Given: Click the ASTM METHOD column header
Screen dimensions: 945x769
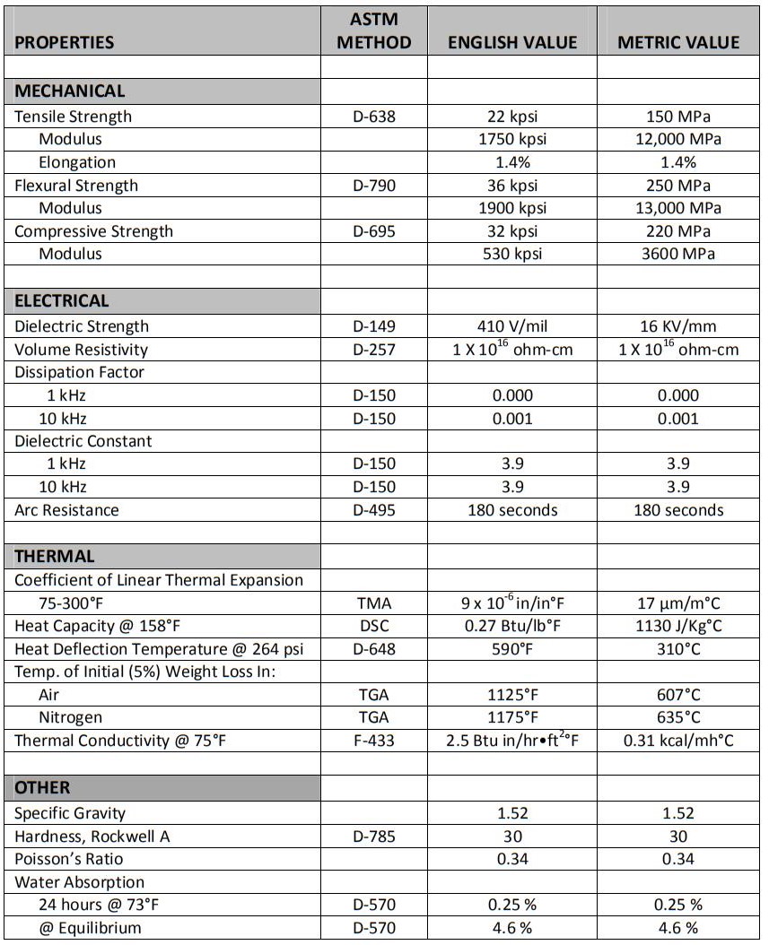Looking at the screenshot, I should click(x=374, y=31).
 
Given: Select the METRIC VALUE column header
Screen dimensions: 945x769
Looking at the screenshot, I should click(x=678, y=42).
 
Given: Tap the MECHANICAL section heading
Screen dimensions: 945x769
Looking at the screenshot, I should click(x=70, y=91).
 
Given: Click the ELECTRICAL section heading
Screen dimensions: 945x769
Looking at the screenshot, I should click(x=62, y=300).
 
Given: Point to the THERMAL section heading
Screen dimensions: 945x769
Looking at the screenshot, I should click(x=55, y=556).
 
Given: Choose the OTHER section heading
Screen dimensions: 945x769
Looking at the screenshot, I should click(x=42, y=788).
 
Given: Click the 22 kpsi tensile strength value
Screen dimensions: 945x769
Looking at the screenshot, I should click(x=512, y=117).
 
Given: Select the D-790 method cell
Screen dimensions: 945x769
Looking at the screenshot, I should click(x=374, y=186).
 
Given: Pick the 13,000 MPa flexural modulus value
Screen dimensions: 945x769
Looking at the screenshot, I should click(x=677, y=208).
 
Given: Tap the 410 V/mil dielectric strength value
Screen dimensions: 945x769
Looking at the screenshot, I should click(x=512, y=326).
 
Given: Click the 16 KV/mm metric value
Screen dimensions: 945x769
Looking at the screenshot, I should click(x=678, y=326).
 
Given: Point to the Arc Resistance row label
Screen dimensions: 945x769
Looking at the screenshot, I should click(x=66, y=510).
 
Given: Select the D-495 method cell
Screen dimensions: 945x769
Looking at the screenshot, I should click(x=374, y=510).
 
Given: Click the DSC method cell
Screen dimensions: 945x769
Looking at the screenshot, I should click(x=374, y=626).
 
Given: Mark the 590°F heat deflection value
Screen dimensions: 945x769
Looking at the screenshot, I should click(x=512, y=649).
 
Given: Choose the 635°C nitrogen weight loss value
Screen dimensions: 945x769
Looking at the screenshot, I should click(x=678, y=717).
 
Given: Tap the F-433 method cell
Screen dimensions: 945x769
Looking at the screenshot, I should click(x=374, y=741).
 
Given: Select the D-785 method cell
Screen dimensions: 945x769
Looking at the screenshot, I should click(x=374, y=837).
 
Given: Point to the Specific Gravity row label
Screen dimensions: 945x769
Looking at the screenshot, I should click(x=70, y=813).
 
